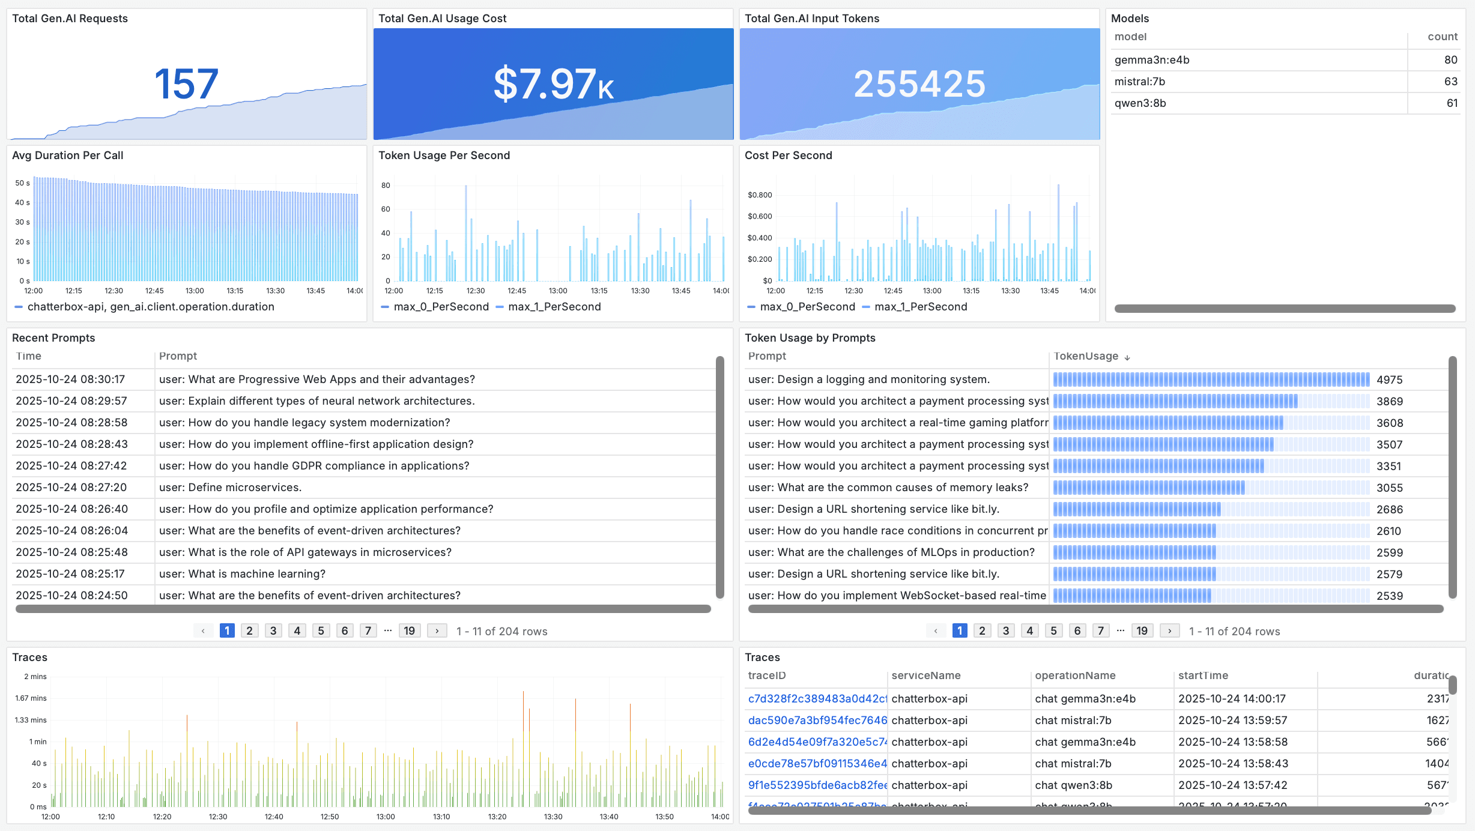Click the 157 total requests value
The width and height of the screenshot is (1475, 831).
pyautogui.click(x=186, y=84)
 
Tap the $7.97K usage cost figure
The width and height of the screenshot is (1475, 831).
pyautogui.click(x=553, y=84)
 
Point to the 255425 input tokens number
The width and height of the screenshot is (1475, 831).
pyautogui.click(x=919, y=84)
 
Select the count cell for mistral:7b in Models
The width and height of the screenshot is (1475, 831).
pyautogui.click(x=1450, y=82)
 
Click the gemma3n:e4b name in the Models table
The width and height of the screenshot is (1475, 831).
pyautogui.click(x=1151, y=60)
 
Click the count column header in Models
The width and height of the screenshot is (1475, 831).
pyautogui.click(x=1442, y=37)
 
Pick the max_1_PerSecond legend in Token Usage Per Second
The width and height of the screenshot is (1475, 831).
pyautogui.click(x=554, y=307)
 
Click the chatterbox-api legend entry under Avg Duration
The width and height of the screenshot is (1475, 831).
pyautogui.click(x=150, y=307)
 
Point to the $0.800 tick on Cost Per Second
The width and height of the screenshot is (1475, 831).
pyautogui.click(x=760, y=195)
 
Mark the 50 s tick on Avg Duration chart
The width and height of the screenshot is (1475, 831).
pyautogui.click(x=22, y=183)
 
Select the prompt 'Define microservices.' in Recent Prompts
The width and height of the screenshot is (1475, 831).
pyautogui.click(x=230, y=488)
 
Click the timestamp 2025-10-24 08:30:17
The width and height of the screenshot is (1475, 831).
pyautogui.click(x=70, y=379)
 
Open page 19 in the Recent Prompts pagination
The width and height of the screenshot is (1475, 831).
pyautogui.click(x=409, y=631)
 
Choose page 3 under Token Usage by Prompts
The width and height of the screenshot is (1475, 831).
pyautogui.click(x=1006, y=631)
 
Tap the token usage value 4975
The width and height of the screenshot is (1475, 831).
pyautogui.click(x=1389, y=380)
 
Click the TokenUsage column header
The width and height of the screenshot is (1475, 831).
pyautogui.click(x=1086, y=356)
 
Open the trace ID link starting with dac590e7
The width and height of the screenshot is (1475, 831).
pyautogui.click(x=817, y=721)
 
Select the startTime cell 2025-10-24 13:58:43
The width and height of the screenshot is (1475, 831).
pyautogui.click(x=1232, y=764)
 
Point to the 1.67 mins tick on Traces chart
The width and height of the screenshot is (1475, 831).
pyautogui.click(x=31, y=698)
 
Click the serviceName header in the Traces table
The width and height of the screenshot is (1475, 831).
pyautogui.click(x=925, y=675)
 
